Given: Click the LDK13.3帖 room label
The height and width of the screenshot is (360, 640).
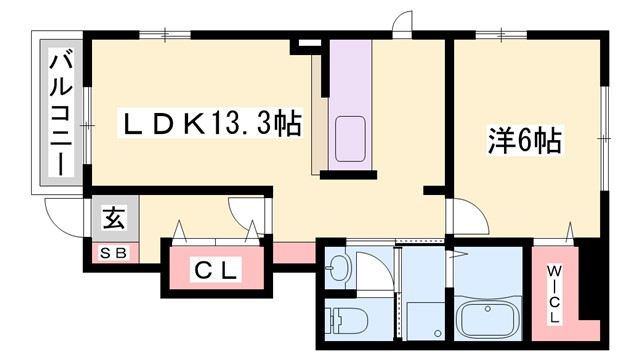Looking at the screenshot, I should (x=211, y=125).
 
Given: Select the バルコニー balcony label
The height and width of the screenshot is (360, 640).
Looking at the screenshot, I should (x=61, y=113).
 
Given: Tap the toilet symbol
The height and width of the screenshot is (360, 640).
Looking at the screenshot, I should (x=346, y=321).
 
